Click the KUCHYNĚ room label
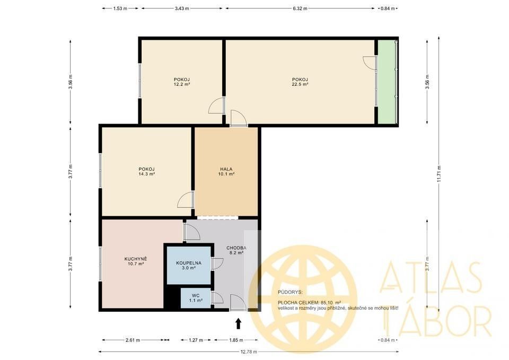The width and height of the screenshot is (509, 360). (135, 259)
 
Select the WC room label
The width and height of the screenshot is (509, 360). (196, 295)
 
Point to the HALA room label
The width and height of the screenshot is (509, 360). (226, 169)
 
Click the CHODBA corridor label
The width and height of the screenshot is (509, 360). (236, 248)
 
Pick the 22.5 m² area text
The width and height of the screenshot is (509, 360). (300, 84)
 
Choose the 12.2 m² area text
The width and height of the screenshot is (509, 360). (182, 84)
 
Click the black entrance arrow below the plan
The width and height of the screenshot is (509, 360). (238, 323)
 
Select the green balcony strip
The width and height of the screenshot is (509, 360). (388, 82)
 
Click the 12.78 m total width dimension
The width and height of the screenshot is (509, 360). (248, 352)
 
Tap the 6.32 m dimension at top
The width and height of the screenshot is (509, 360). (300, 8)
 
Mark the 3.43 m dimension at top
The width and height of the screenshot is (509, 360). (181, 8)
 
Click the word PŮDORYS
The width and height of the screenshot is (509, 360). (289, 292)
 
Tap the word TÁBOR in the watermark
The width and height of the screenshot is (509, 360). (436, 317)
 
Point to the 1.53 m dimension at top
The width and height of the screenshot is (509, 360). (120, 8)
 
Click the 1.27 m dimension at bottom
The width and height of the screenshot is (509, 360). (196, 340)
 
